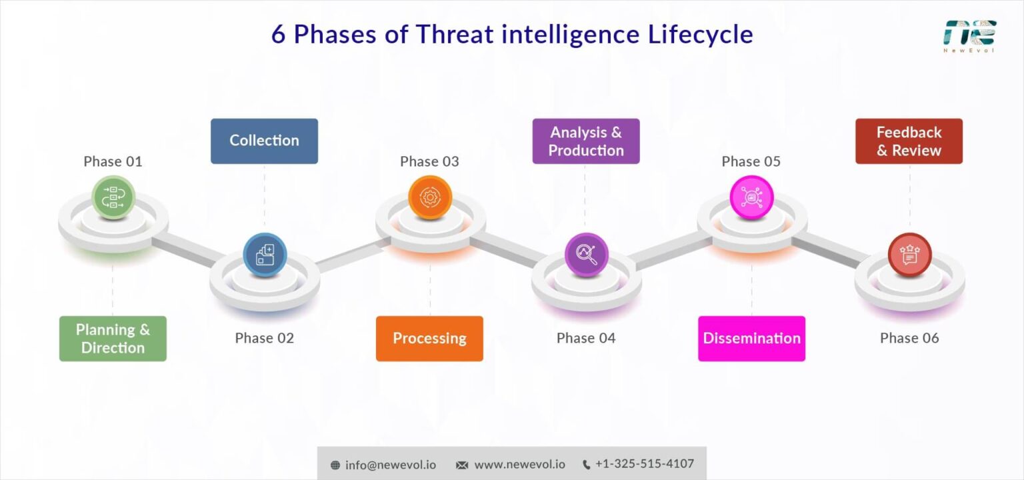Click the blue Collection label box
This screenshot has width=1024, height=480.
(x=264, y=141)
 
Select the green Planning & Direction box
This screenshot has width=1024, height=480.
(x=113, y=338)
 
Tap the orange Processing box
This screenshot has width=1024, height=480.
(x=429, y=338)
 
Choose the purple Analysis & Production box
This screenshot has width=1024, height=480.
(x=585, y=141)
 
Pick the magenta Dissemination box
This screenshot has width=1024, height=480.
(x=751, y=338)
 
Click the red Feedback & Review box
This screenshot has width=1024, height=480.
(x=909, y=141)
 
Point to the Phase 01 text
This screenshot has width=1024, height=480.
(x=113, y=161)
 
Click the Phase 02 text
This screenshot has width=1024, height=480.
(x=264, y=338)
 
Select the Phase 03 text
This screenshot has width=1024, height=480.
(x=429, y=161)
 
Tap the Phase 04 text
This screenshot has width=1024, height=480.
(x=585, y=338)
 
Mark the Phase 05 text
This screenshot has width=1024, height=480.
(x=751, y=161)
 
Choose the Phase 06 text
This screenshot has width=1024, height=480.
(x=909, y=338)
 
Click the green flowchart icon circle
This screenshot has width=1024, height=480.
(x=113, y=197)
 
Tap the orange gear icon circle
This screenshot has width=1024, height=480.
(x=430, y=197)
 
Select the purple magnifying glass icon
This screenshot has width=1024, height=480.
(x=586, y=254)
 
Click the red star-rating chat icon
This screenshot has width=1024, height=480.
(x=909, y=254)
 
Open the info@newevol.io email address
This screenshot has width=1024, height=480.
(x=390, y=465)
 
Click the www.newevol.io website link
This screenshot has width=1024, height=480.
(x=519, y=465)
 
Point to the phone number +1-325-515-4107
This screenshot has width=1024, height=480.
(x=644, y=464)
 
